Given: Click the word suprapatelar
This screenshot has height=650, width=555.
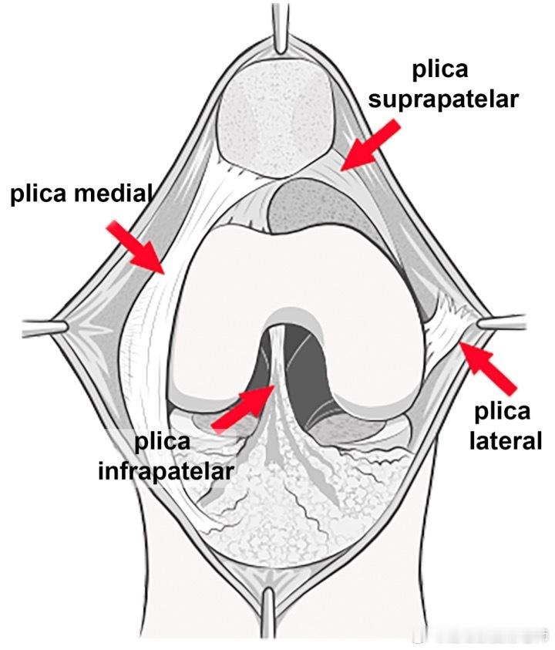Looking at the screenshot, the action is (443, 100).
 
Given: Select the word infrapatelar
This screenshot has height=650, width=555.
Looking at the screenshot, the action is (166, 471).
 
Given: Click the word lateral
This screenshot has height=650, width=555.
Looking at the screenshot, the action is (506, 440).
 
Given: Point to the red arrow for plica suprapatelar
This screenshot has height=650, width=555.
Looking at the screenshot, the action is (370, 145).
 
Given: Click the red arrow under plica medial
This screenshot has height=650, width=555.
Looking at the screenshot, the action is (136, 248).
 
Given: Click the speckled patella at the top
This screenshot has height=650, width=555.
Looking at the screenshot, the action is (277, 118).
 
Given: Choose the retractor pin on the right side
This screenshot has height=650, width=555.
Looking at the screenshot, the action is (502, 322).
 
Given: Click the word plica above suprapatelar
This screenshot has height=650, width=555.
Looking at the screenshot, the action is (440, 70).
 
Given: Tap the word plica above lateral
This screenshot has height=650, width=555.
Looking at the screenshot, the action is (503, 411).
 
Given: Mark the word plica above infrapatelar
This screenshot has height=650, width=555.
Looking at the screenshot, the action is (162, 443).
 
